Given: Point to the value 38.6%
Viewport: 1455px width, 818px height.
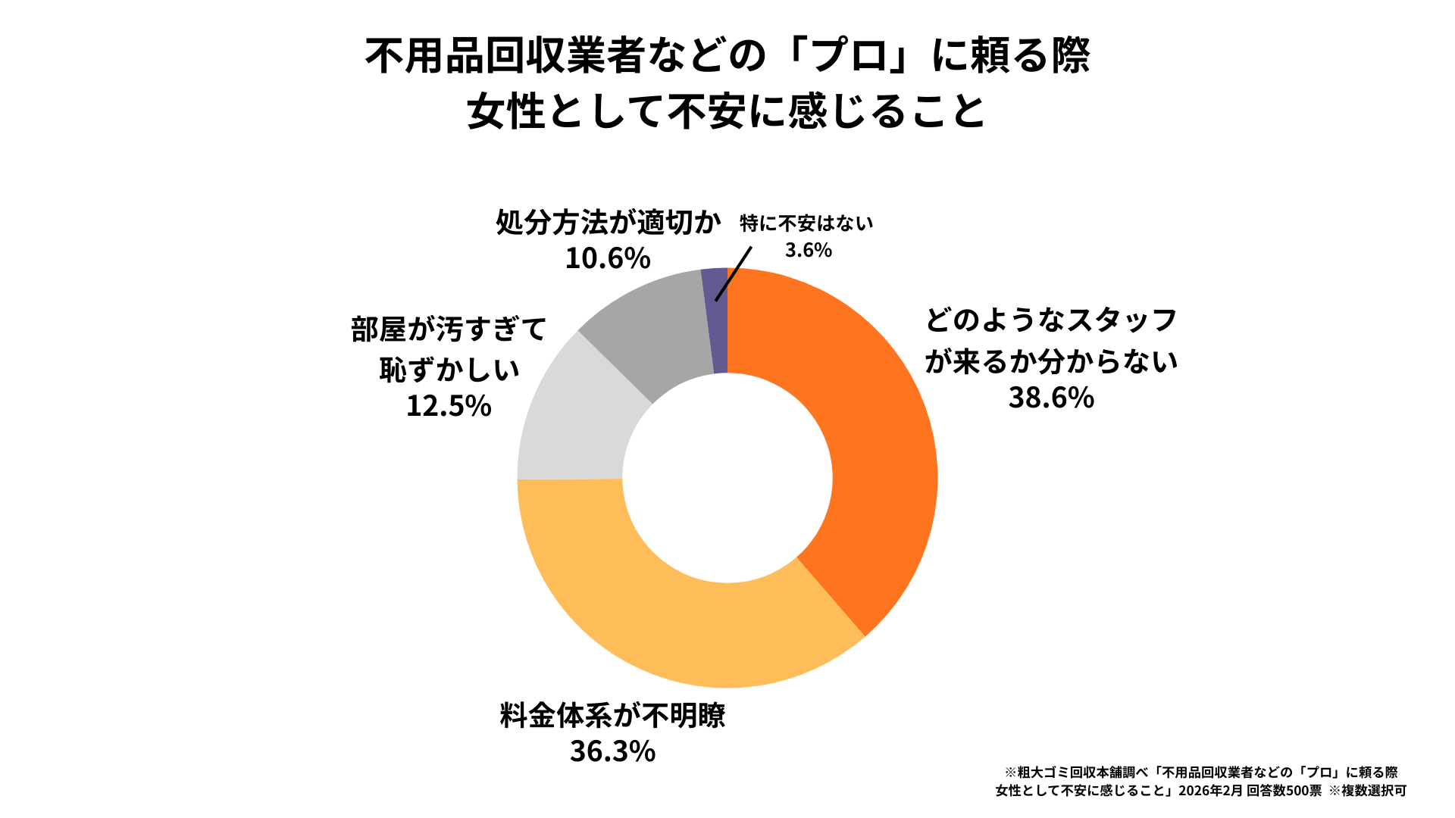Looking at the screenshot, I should click(1051, 398).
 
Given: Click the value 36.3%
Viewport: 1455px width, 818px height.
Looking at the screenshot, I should click(612, 751).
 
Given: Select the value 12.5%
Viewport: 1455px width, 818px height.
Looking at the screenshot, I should click(449, 406).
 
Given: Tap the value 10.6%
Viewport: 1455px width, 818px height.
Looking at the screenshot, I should click(608, 258).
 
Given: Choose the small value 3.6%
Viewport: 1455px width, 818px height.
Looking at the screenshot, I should click(808, 250).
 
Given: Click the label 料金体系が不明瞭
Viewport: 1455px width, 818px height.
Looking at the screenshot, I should click(612, 715).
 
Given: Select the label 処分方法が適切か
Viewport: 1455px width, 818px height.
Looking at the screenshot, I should click(608, 222).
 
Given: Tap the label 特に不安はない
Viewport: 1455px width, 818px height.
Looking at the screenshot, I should click(806, 223).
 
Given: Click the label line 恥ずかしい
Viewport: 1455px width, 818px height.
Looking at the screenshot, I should click(449, 370).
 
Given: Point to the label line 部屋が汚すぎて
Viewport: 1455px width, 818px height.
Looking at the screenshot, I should click(449, 329).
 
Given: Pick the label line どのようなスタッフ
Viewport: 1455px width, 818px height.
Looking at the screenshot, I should click(1051, 320).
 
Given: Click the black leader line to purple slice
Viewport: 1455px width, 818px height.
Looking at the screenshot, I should click(733, 274).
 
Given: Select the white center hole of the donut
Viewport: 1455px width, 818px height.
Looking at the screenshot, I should click(727, 478).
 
